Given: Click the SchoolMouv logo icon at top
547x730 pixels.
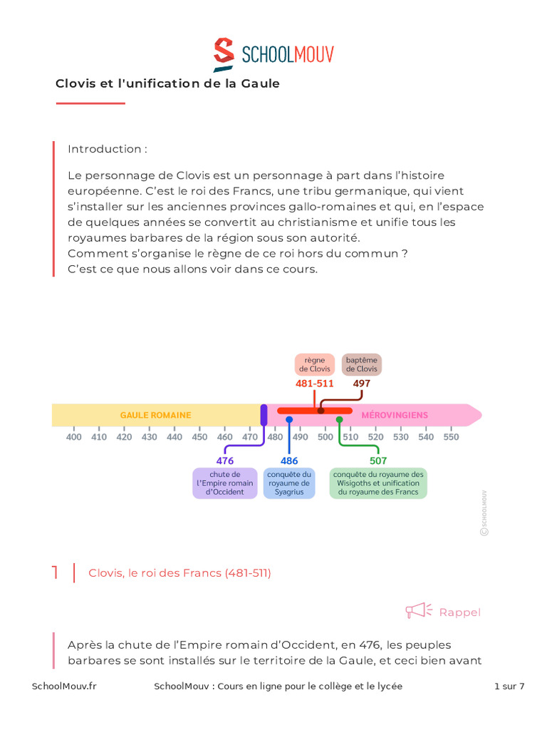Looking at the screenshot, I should coord(224,54).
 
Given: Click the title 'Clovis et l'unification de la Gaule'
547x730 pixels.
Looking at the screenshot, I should coord(167,83).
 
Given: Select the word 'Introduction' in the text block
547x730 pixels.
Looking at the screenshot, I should coord(105,149).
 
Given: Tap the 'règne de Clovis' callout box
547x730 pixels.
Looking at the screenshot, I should coord(315,364).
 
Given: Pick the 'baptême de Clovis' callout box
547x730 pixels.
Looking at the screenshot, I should coord(362,364).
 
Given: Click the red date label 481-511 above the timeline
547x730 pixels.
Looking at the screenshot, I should coord(315,384).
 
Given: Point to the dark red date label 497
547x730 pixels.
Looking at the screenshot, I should coord(362,384).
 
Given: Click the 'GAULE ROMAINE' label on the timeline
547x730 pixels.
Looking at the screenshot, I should coord(155,415).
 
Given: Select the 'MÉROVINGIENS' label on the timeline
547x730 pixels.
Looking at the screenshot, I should coord(395,415).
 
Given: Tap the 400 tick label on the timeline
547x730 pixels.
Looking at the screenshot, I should coord(74,437).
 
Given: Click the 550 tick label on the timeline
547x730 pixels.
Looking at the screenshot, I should coord(451,437).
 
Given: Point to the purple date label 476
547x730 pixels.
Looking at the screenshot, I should coord(225,461).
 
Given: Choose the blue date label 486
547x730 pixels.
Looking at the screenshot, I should coord(289,461).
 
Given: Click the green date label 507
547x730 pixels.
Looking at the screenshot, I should coord(378,461).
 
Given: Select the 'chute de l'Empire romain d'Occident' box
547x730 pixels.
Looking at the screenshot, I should coord(225,483).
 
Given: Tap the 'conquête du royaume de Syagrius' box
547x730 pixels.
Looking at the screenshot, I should coord(289,483).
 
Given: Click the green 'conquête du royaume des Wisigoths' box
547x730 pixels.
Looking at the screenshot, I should coord(378,483).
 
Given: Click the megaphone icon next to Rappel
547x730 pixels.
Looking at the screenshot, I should coord(419,611).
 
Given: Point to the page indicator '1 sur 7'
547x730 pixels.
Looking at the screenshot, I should coord(509,687).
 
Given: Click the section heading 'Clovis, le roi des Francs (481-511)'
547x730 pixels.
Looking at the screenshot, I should coord(179,573).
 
